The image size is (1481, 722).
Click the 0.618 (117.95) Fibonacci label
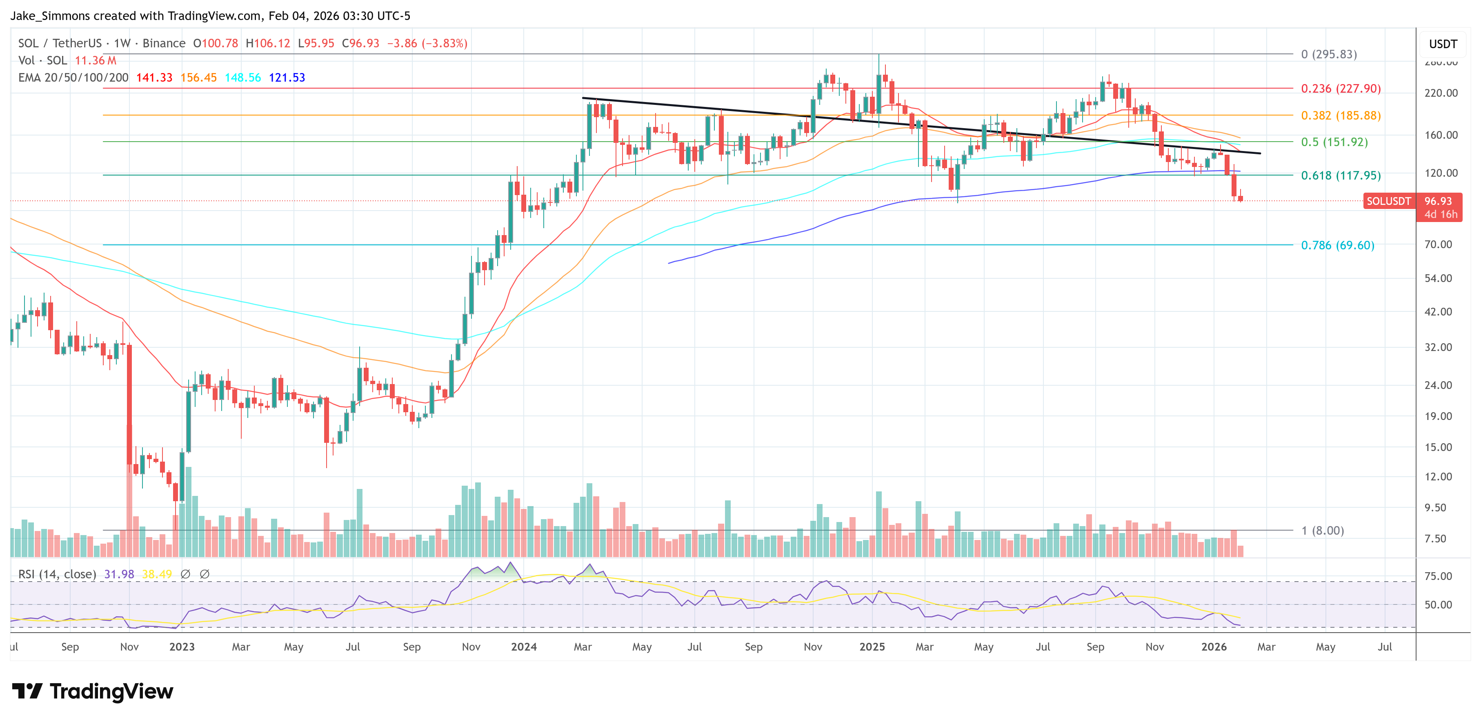tap(1340, 176)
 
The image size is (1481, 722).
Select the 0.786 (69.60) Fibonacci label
tap(1337, 245)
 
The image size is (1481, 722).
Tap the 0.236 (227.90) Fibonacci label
tap(1340, 89)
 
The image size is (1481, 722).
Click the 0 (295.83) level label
tap(1329, 54)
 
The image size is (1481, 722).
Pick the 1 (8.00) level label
tap(1322, 531)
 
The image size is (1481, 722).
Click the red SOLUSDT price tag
tap(1388, 201)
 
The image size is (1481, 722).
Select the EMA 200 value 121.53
tap(287, 78)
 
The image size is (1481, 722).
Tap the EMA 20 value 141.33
tap(154, 78)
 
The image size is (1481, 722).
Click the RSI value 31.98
tap(119, 574)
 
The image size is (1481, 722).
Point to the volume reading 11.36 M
tap(96, 60)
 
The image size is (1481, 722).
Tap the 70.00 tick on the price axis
tap(1438, 244)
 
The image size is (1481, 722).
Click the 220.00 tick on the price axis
tap(1441, 93)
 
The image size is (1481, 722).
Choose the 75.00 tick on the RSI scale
tap(1438, 576)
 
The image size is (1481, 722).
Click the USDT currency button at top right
tap(1443, 44)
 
